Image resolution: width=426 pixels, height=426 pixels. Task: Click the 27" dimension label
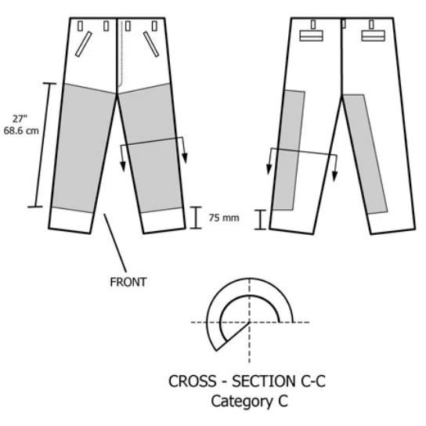point(20,119)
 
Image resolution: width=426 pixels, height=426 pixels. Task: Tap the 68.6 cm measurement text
point(21,131)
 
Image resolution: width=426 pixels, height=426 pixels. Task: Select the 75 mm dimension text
point(224,218)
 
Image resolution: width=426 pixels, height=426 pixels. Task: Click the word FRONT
point(128,282)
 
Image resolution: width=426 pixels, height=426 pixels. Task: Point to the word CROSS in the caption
point(193,381)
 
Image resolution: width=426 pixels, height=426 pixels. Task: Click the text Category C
point(249,401)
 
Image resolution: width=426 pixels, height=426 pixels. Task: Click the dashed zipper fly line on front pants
point(121,54)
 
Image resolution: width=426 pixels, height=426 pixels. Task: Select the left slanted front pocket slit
point(84,45)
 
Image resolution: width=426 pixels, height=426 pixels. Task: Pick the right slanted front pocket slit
point(151,45)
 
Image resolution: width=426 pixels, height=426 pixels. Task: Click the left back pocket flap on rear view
point(312,36)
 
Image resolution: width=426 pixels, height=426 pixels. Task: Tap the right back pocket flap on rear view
point(373,36)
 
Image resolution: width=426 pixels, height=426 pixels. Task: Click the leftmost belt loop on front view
point(80,27)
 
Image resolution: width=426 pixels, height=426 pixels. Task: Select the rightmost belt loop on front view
point(154,27)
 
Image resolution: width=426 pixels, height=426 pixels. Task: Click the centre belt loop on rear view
point(344,23)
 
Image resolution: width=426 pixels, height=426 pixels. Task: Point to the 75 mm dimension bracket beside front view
point(196,218)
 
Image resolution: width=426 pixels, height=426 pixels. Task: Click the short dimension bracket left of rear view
point(260,219)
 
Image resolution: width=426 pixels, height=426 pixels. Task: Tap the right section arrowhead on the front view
point(185,158)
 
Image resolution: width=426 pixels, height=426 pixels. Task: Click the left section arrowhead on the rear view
point(269,169)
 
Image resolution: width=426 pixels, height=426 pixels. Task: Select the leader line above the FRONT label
point(115,244)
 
